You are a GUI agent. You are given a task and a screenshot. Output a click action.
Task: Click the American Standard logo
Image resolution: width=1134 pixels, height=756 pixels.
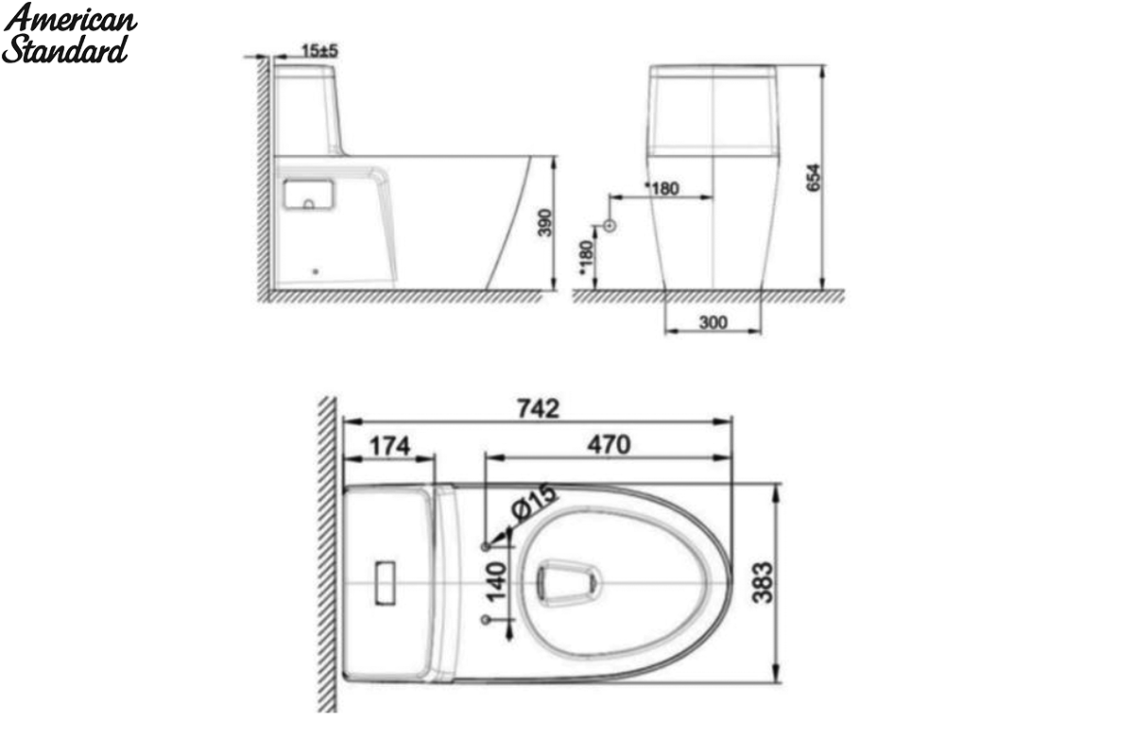[x=69, y=33]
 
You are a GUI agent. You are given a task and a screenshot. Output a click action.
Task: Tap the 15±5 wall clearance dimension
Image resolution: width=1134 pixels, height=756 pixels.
[x=319, y=51]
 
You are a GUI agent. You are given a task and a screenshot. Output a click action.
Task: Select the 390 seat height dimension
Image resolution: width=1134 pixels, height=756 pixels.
[x=544, y=222]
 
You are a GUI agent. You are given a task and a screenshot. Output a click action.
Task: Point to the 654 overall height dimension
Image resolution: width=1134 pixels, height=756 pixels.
[x=813, y=178]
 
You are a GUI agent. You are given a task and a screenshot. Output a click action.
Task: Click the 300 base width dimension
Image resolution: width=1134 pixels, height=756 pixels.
[x=713, y=322]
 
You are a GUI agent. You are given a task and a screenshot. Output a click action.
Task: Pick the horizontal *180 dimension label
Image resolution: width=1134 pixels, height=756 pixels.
[x=661, y=188]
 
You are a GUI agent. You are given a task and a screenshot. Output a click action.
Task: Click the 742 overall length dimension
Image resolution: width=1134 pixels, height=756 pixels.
[x=538, y=408]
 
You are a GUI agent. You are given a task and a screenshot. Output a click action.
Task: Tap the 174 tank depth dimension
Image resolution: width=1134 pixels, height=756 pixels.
[x=389, y=446]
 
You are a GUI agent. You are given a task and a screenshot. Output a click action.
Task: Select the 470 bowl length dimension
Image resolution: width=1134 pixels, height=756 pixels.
[x=609, y=445]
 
